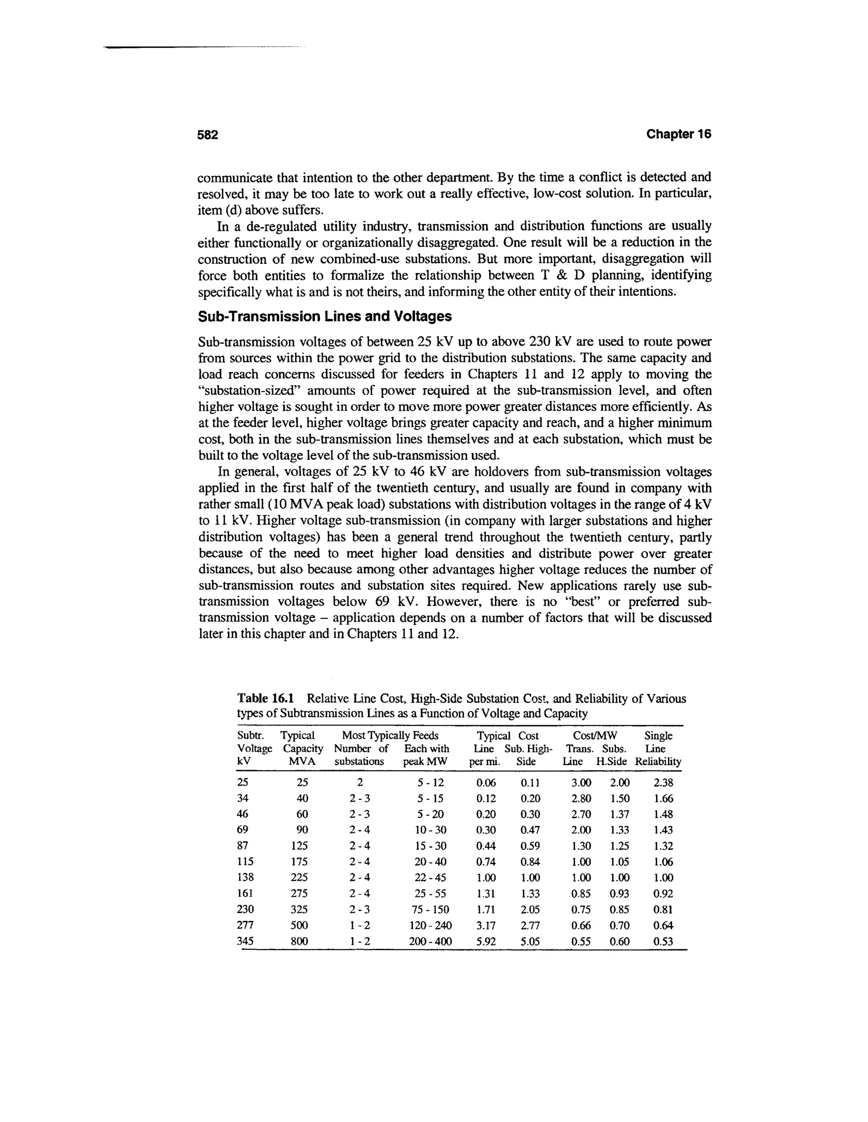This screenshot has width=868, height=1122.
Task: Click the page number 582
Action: pyautogui.click(x=208, y=135)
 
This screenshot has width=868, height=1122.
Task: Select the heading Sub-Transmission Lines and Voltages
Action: pyautogui.click(x=325, y=316)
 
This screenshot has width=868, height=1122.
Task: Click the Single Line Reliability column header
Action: pyautogui.click(x=658, y=749)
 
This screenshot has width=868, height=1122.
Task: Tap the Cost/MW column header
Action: pyautogui.click(x=595, y=736)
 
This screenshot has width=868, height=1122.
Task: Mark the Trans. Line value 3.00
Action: pyautogui.click(x=581, y=783)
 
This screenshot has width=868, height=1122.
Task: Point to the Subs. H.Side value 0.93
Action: pyautogui.click(x=619, y=894)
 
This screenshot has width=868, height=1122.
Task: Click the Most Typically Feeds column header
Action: pyautogui.click(x=390, y=736)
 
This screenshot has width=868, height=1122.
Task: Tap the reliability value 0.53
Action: pyautogui.click(x=663, y=942)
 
